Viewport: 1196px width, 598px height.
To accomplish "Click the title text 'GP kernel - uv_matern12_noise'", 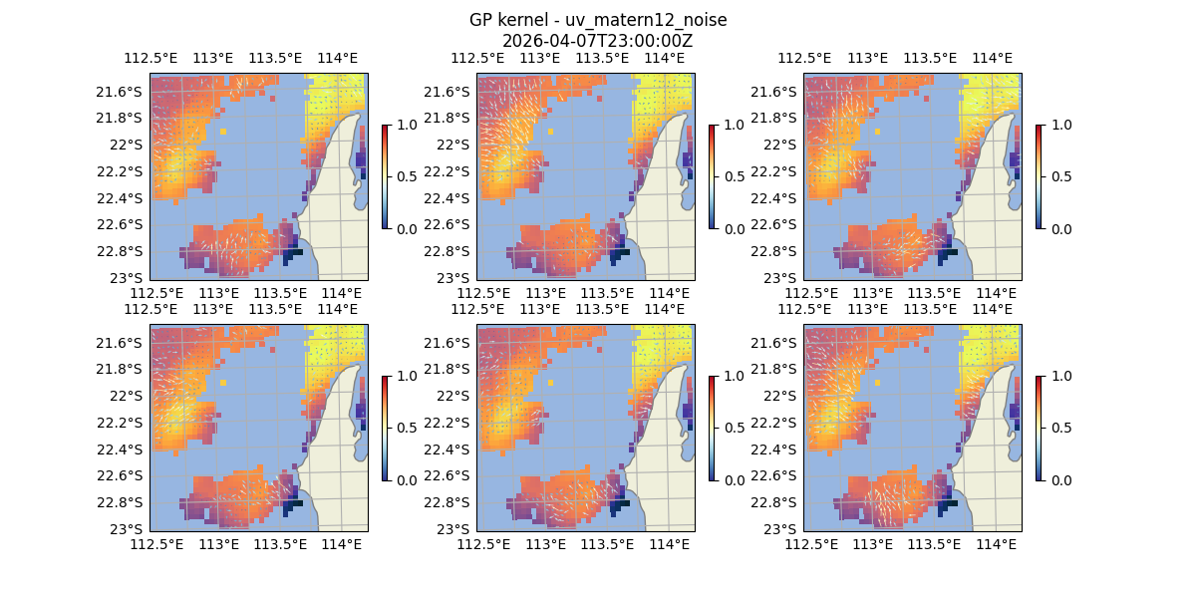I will coord(598,20).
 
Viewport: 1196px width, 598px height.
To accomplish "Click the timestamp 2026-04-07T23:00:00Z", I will coord(598,41).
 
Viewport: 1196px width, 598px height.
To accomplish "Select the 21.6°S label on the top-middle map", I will coord(452,92).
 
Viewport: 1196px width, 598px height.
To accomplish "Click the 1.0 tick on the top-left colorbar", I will coord(407,125).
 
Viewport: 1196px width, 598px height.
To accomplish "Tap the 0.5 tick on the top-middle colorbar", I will coord(734,176).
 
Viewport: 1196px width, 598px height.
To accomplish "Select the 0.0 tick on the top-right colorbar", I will coord(1060,228).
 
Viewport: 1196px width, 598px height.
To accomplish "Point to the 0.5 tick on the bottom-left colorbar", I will coord(407,428).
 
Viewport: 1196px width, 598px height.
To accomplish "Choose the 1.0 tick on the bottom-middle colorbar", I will coord(734,376).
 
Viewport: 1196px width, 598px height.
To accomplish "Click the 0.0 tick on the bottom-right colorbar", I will coord(1060,479).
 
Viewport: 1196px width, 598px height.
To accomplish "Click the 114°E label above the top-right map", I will coord(991,58).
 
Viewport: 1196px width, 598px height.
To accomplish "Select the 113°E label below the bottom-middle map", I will coord(546,544).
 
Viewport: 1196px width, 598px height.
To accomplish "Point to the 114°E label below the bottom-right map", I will coord(995,544).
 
